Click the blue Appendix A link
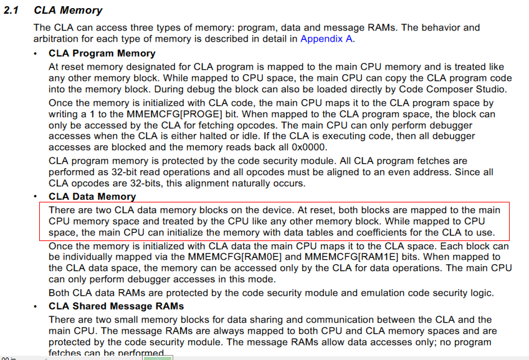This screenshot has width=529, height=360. [x=326, y=39]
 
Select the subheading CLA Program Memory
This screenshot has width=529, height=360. [x=102, y=54]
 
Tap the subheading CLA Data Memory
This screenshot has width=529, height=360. [x=92, y=197]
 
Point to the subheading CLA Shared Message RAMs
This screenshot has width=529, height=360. [x=116, y=306]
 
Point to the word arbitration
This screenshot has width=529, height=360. [x=58, y=39]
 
